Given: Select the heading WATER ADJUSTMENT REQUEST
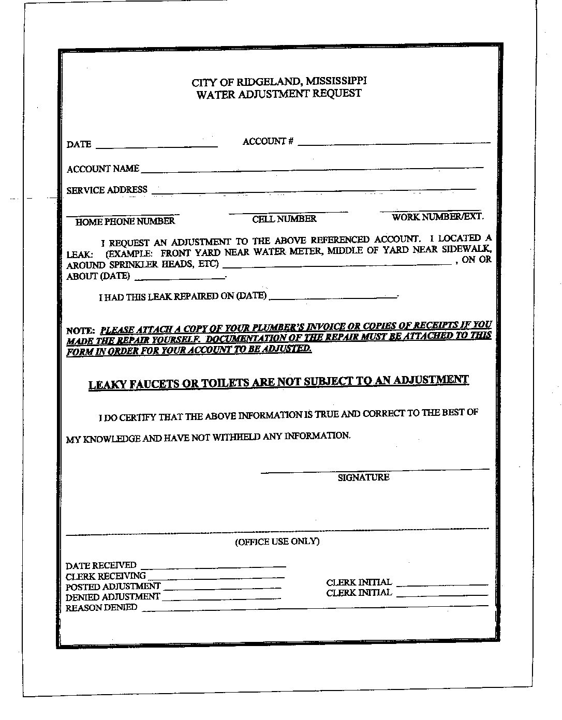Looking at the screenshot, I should tap(279, 94).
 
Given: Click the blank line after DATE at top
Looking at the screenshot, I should tap(156, 146).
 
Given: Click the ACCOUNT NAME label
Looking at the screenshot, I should tap(103, 169).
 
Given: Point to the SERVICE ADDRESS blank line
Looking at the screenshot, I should tap(314, 190).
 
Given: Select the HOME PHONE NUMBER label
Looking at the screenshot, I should tap(125, 221).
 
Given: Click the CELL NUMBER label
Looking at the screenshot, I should tap(284, 219).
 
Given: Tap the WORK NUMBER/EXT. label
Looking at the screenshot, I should tap(438, 217).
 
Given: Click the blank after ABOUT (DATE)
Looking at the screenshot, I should tap(180, 278).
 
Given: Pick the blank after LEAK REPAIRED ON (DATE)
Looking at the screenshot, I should tap(333, 297).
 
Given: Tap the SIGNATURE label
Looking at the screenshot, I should tap(363, 477).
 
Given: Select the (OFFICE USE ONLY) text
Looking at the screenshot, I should tap(277, 542).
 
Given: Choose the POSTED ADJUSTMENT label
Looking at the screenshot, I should tap(113, 587).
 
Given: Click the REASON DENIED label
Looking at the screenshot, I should tap(101, 608).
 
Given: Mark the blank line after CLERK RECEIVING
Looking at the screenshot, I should tap(216, 577).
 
